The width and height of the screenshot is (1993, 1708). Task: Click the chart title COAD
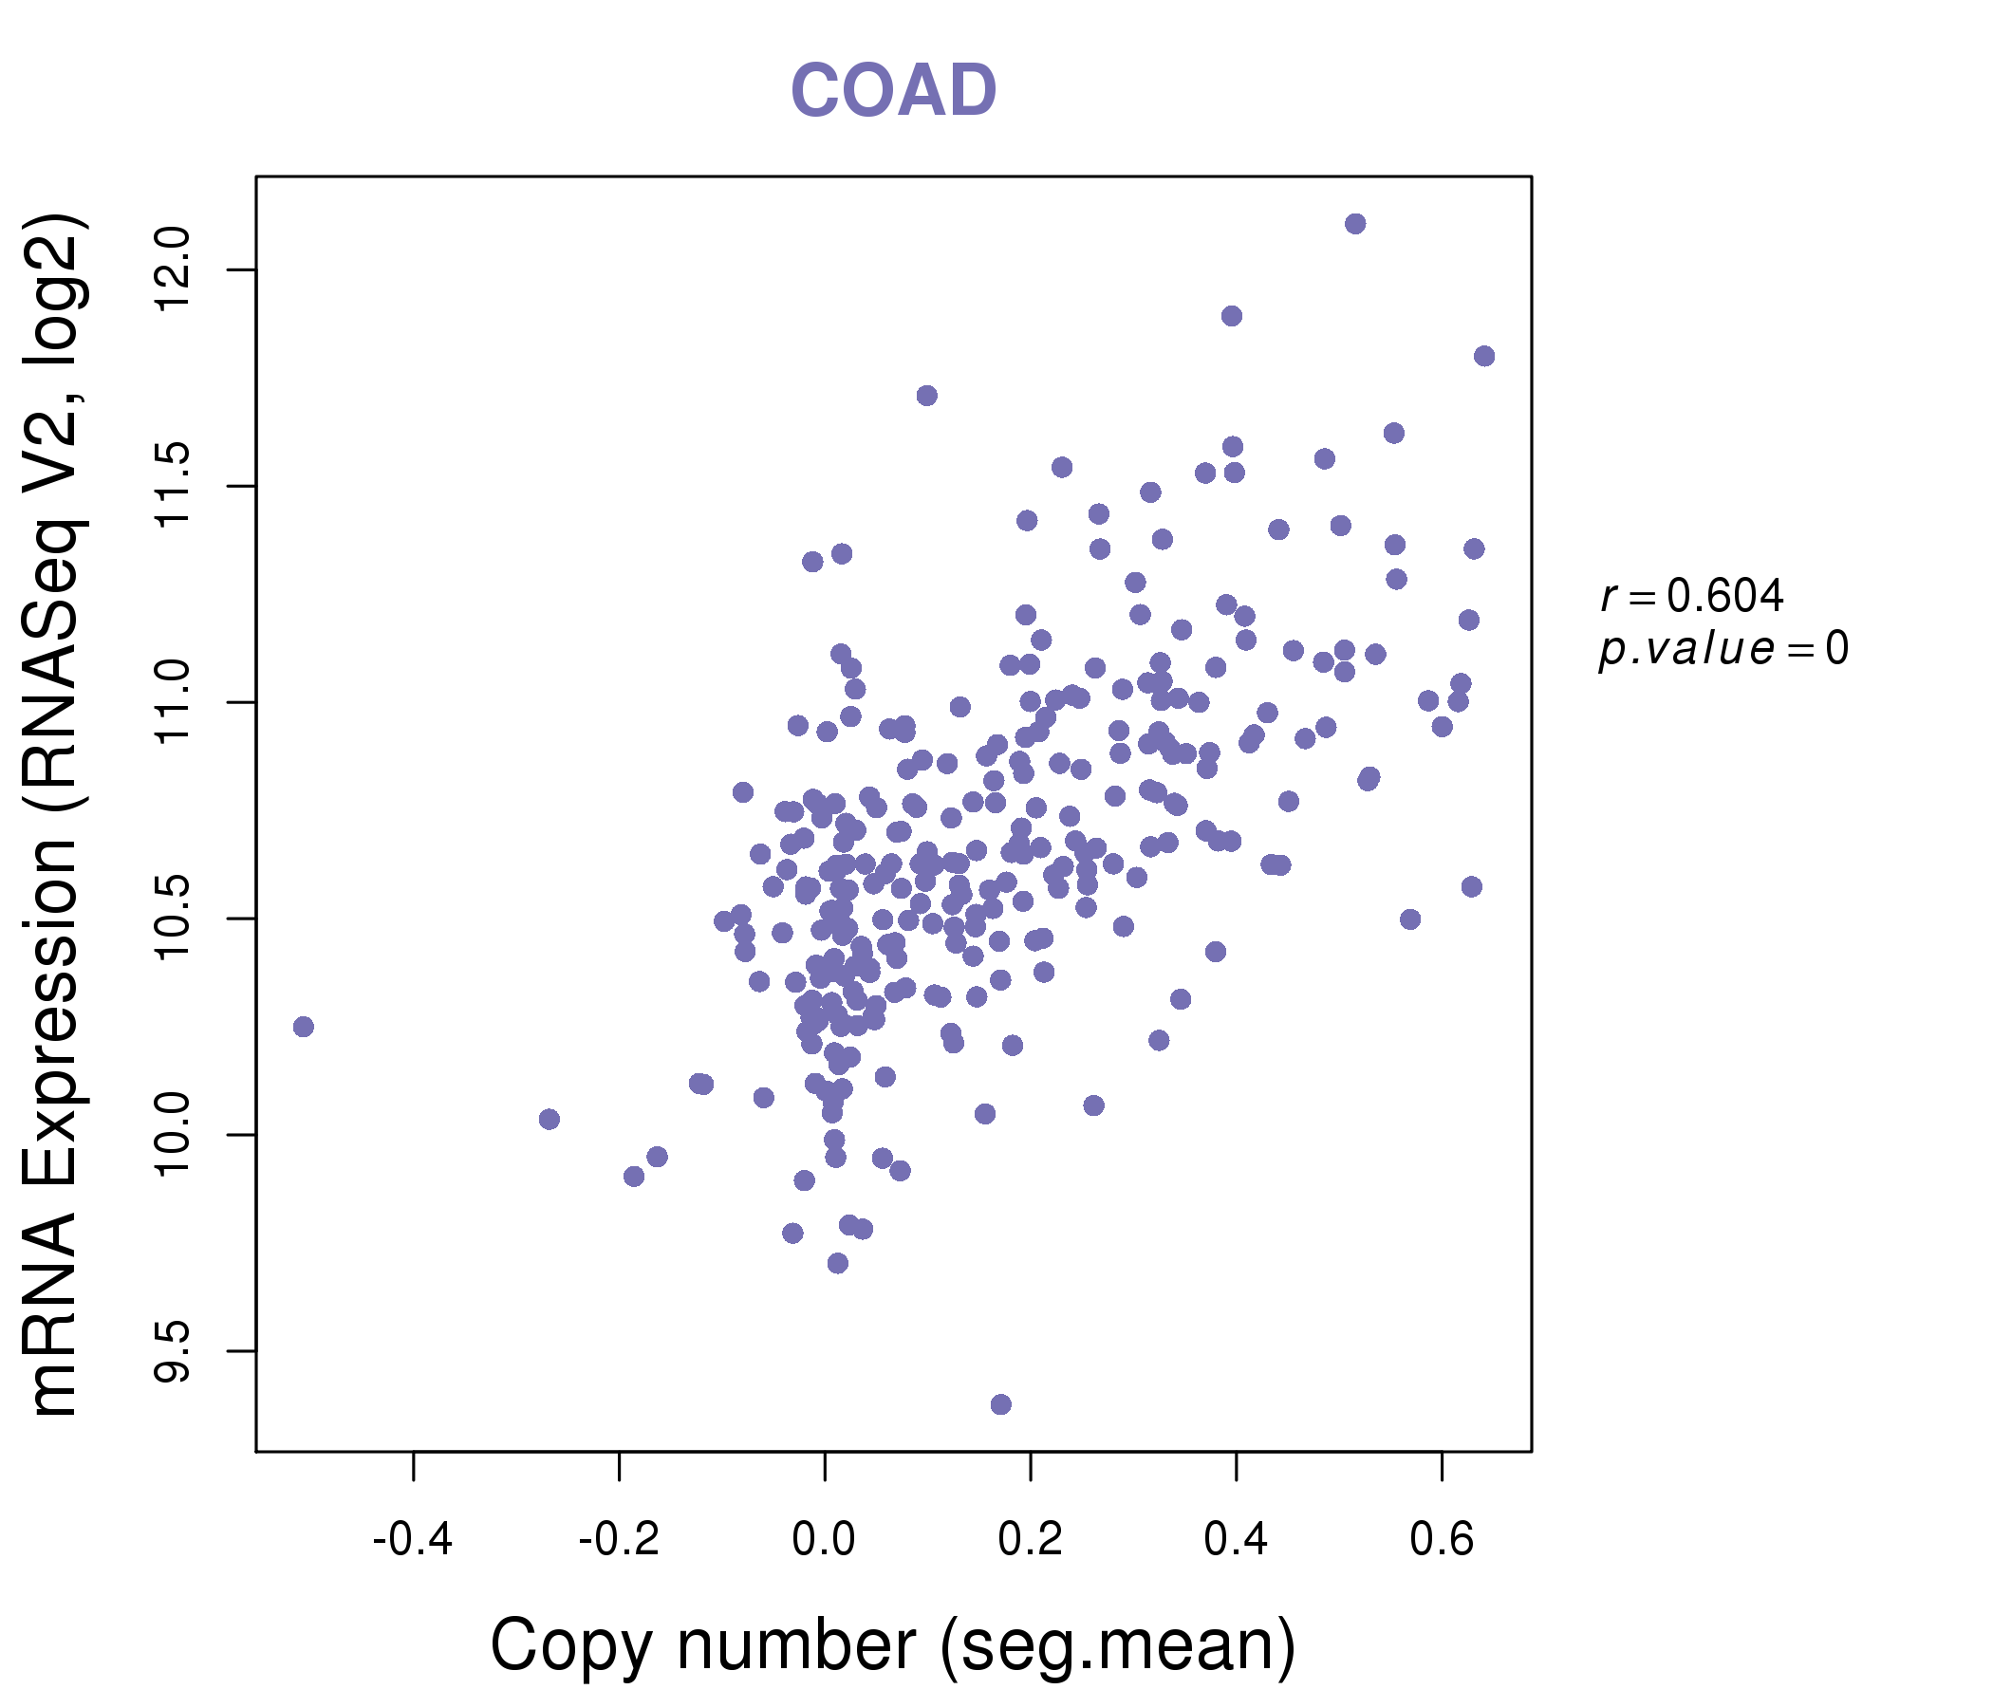(893, 90)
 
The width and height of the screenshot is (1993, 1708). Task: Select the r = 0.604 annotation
(1692, 596)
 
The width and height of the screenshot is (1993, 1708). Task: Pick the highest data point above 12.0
(1355, 224)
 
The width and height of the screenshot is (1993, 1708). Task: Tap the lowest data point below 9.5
(1001, 1405)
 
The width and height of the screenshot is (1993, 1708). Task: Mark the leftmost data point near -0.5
(303, 1027)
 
